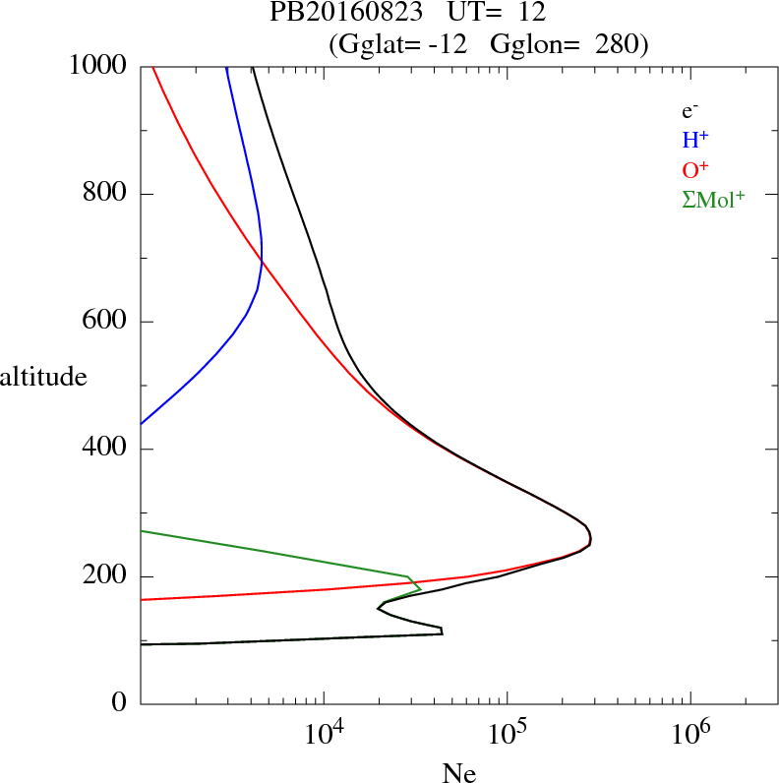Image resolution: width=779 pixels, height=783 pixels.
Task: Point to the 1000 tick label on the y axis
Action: pos(99,66)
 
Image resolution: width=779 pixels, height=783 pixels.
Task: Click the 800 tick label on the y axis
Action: pos(106,194)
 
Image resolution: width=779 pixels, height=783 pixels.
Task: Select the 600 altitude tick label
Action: pos(106,322)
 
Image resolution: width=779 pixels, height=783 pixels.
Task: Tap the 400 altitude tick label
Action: pos(106,450)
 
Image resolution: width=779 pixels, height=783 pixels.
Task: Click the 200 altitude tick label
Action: pos(106,576)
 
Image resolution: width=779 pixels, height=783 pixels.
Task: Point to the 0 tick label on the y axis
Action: pos(120,704)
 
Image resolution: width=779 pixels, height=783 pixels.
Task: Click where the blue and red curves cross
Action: pos(262,260)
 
